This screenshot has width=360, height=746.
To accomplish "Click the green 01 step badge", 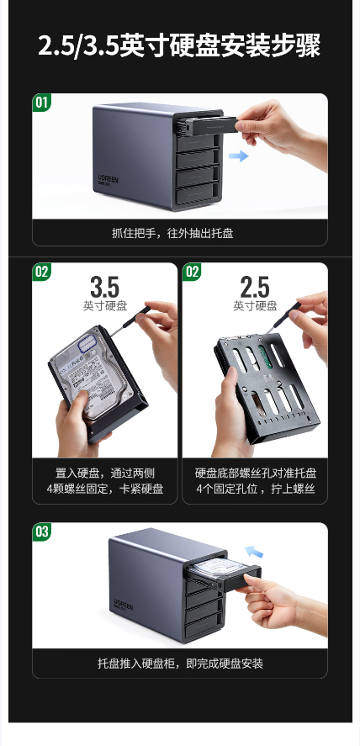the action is tap(42, 103).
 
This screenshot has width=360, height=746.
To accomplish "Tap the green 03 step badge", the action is tap(42, 532).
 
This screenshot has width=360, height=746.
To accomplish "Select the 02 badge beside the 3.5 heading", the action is tap(42, 272).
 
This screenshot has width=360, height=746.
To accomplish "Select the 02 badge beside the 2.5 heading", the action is tap(192, 272).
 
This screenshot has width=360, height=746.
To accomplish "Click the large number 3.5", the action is tap(104, 287).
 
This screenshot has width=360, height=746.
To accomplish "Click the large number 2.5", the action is tap(254, 287).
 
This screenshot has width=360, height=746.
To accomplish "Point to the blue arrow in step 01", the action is tap(238, 156).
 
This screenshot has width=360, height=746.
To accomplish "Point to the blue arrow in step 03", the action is tap(254, 552).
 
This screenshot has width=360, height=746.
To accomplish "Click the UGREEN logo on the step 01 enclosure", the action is tap(108, 179).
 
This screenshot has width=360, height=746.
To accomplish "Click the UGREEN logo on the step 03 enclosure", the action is tap(123, 604).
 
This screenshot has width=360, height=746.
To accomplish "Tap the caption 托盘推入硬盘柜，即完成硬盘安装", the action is tap(180, 664).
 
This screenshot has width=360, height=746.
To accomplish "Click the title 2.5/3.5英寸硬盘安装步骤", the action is tap(179, 45).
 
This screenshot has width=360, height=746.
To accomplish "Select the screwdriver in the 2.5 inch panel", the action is tap(280, 320).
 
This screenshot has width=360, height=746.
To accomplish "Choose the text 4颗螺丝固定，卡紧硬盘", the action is tap(105, 489).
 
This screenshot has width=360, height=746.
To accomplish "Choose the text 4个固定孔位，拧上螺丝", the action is tap(256, 489).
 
